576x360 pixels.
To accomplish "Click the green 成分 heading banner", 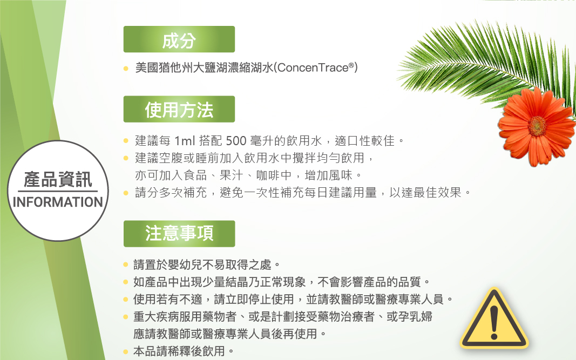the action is click(179, 39).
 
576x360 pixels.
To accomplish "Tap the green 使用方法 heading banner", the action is click(179, 109).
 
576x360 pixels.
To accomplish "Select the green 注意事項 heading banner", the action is click(179, 234).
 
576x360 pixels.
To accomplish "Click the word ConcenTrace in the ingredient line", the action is click(313, 67).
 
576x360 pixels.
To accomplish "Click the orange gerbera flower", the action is click(537, 127).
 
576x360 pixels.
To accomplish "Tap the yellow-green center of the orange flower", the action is click(537, 126).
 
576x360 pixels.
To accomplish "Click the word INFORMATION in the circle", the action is click(58, 202).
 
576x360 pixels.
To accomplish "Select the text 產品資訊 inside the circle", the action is click(58, 180).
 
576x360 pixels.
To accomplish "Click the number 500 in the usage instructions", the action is click(236, 141).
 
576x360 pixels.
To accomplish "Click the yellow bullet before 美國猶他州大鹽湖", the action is click(126, 69).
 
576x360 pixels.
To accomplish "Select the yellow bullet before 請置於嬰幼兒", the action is click(126, 264).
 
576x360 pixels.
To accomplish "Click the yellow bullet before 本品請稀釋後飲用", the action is click(126, 352).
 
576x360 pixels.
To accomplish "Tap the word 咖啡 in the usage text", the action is click(268, 175).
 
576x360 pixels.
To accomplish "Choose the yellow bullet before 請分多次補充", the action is click(126, 193).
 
